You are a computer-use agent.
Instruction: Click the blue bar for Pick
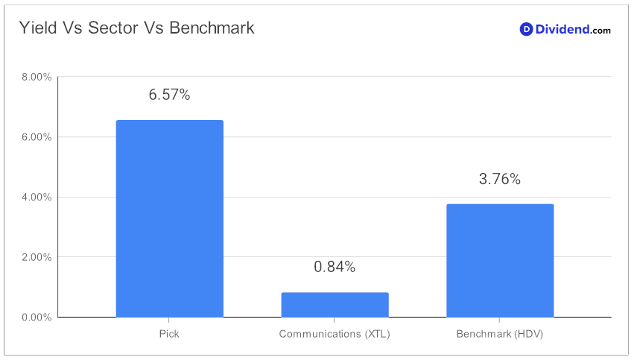click(169, 218)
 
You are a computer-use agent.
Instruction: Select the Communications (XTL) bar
click(335, 305)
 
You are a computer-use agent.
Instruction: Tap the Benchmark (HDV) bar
click(500, 260)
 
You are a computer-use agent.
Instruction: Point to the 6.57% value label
click(169, 95)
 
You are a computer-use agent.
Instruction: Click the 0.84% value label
click(335, 267)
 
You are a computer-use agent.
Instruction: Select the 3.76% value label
click(500, 179)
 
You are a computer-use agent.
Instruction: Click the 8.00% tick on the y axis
click(37, 77)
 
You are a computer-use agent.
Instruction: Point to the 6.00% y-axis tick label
click(37, 137)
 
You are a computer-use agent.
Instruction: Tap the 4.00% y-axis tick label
click(37, 197)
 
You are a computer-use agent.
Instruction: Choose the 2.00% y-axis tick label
click(37, 257)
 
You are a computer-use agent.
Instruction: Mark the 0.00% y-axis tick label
click(37, 317)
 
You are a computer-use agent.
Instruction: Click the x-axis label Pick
click(169, 334)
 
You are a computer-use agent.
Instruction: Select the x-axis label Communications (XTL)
click(335, 334)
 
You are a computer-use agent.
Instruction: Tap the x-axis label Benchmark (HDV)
click(500, 334)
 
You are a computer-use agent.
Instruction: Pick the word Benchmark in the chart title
click(212, 28)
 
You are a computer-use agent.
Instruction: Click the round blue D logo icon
click(526, 29)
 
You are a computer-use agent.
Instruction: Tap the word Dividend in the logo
click(562, 29)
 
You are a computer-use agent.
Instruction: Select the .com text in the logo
click(600, 31)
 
